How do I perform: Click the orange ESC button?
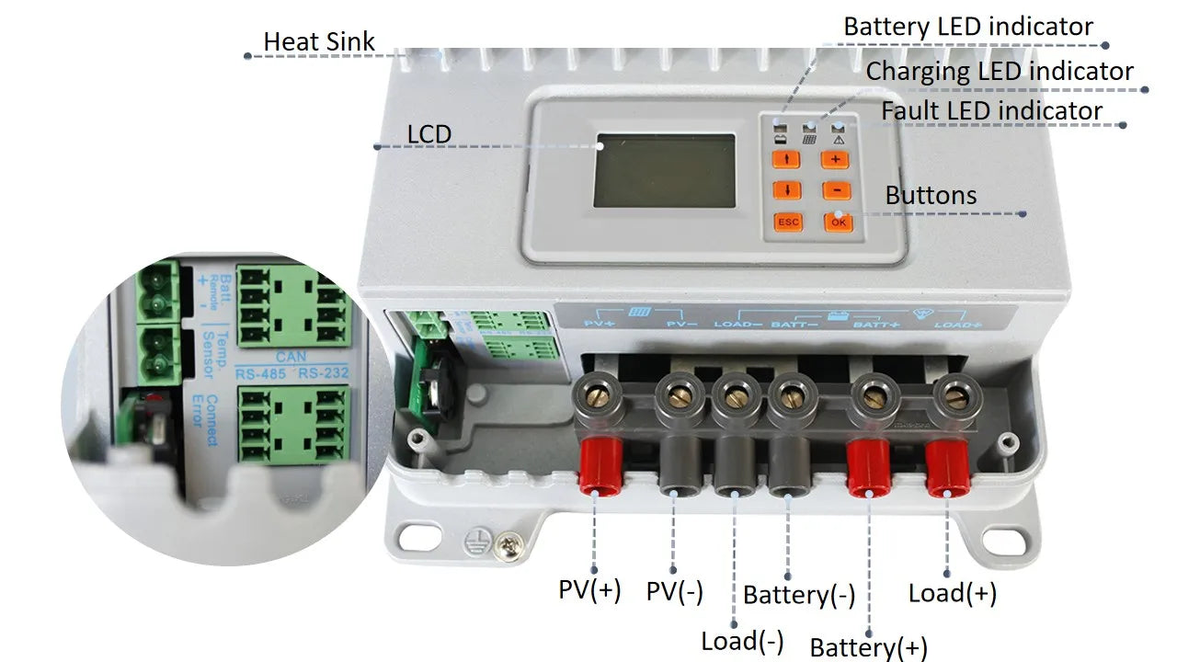[788, 222]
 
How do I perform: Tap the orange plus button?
[835, 159]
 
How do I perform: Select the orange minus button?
[836, 190]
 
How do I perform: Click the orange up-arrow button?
[787, 159]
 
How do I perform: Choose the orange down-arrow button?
[787, 190]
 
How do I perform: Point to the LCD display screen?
[665, 171]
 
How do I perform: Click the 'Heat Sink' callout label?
[319, 41]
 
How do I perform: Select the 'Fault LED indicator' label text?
[991, 111]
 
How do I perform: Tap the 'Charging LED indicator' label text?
[1000, 71]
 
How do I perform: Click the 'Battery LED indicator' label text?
[968, 27]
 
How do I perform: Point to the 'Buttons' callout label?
[931, 195]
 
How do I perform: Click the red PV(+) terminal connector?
[596, 465]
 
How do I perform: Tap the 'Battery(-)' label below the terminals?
[799, 595]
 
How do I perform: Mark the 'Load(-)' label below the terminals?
[742, 641]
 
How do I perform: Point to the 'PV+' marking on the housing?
[600, 324]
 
